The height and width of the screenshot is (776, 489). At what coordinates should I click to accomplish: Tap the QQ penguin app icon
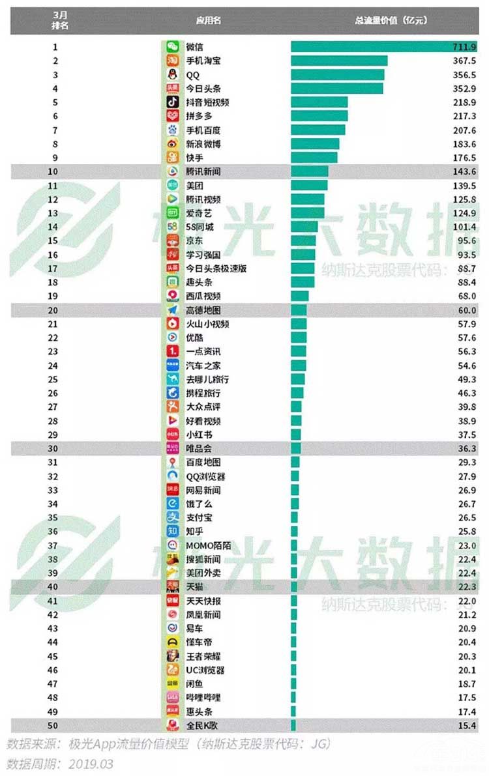click(172, 74)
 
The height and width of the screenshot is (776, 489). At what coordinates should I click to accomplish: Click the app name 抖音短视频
click(207, 102)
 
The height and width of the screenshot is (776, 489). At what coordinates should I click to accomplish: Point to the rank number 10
click(56, 171)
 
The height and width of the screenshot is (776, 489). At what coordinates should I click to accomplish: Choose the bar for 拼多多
click(319, 116)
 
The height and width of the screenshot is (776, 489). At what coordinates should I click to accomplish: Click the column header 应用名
click(209, 20)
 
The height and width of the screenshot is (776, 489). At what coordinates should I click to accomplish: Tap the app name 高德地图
click(203, 310)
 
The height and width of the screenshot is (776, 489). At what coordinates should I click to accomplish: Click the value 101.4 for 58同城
click(466, 227)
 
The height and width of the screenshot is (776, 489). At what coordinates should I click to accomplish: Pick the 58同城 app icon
click(172, 227)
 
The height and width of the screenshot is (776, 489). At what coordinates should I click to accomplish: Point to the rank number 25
click(56, 379)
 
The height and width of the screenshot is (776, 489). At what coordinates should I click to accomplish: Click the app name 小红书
click(199, 435)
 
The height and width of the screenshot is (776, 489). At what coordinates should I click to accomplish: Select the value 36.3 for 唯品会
click(467, 448)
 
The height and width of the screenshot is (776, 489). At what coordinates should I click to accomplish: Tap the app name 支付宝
click(199, 518)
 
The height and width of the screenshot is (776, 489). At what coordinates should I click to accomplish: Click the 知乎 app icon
click(172, 532)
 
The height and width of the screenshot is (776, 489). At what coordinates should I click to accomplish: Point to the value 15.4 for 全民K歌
click(467, 725)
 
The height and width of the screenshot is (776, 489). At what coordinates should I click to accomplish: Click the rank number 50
click(56, 725)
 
